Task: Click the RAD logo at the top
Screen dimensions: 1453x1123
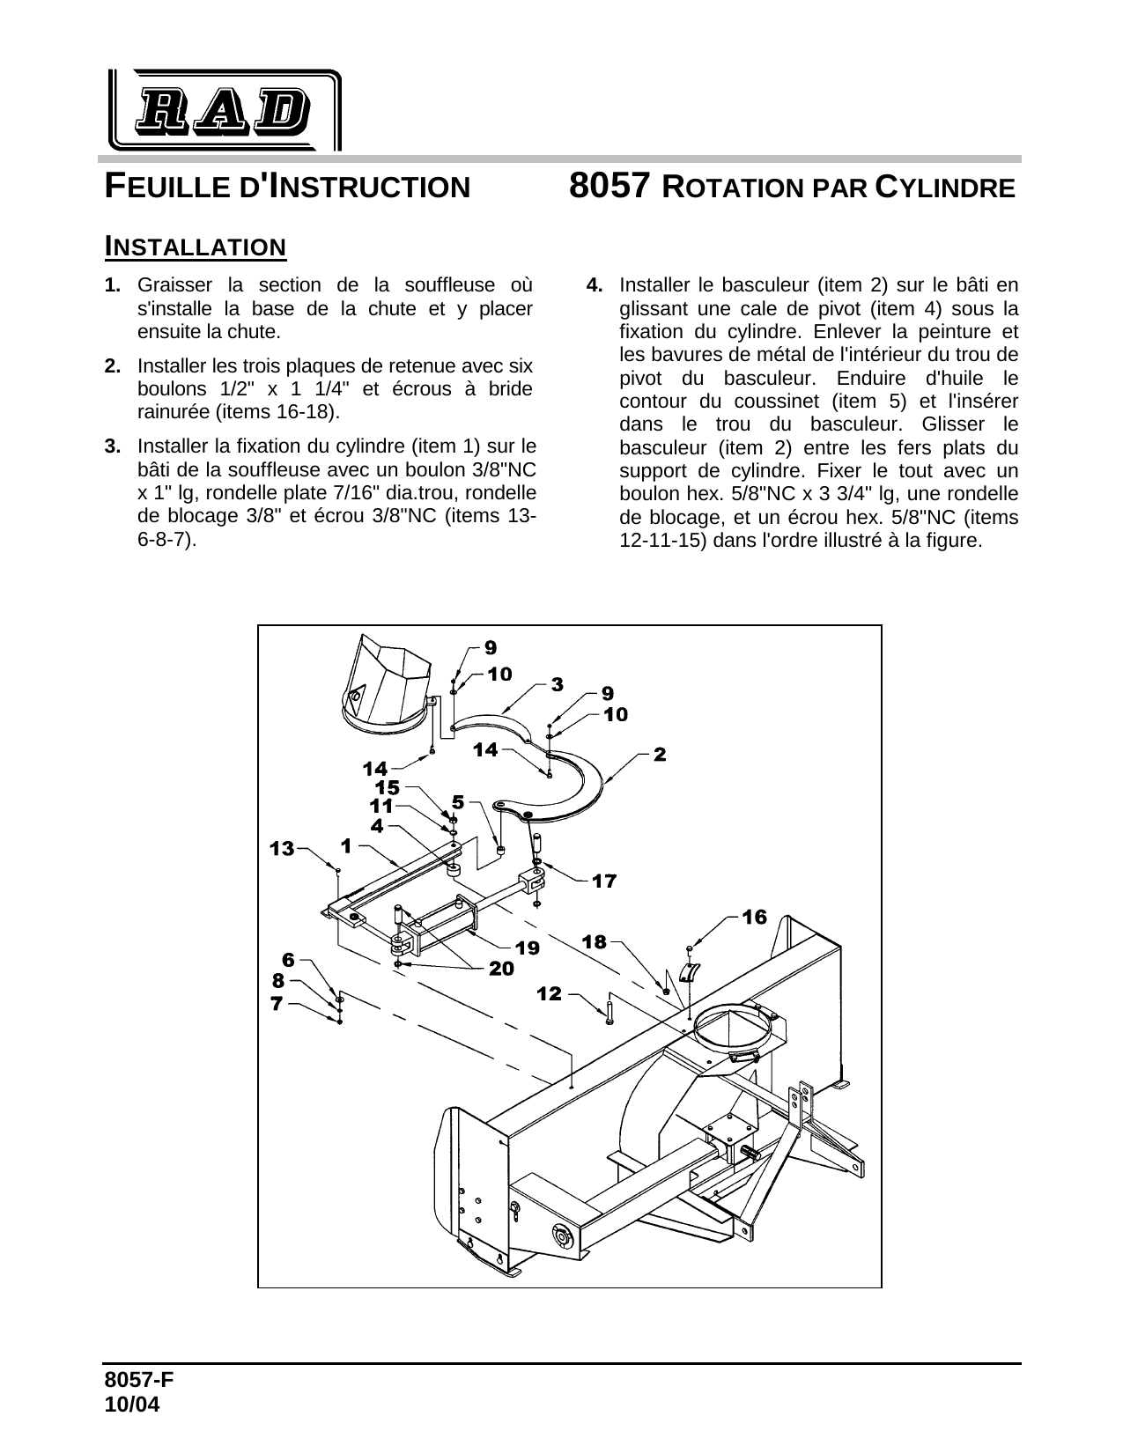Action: pyautogui.click(x=224, y=109)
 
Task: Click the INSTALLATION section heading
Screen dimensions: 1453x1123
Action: pyautogui.click(x=195, y=247)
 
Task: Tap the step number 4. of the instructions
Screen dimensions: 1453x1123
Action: pyautogui.click(x=595, y=285)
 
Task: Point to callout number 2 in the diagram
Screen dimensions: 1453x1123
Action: pyautogui.click(x=660, y=754)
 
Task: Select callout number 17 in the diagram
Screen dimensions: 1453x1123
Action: pyautogui.click(x=604, y=880)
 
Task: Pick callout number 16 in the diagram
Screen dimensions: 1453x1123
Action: pyautogui.click(x=754, y=917)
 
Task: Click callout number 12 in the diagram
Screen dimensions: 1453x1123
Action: pyautogui.click(x=549, y=993)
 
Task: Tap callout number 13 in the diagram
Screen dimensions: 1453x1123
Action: pyautogui.click(x=282, y=848)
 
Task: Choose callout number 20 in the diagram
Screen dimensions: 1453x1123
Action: pyautogui.click(x=501, y=968)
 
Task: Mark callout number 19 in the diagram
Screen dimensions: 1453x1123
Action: pyautogui.click(x=527, y=948)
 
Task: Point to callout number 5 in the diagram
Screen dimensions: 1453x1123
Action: pyautogui.click(x=458, y=801)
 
